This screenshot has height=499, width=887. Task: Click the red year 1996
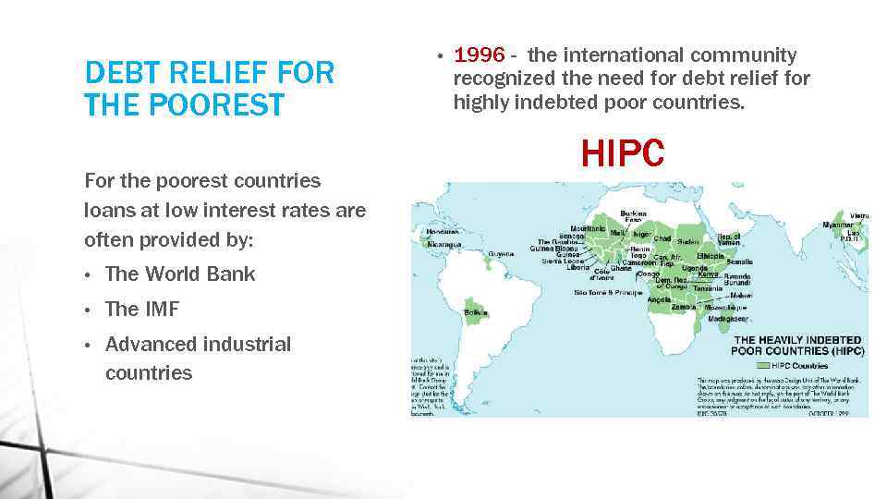point(479,56)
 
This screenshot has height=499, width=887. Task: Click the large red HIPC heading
point(622,154)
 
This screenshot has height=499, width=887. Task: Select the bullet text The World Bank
point(180,274)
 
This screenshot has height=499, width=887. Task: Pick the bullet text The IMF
point(142,309)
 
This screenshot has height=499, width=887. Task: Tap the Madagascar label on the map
point(726,318)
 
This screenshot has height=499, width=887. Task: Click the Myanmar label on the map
point(838,225)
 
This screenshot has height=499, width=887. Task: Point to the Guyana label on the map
point(501,252)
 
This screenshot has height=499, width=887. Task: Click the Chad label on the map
point(662,238)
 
